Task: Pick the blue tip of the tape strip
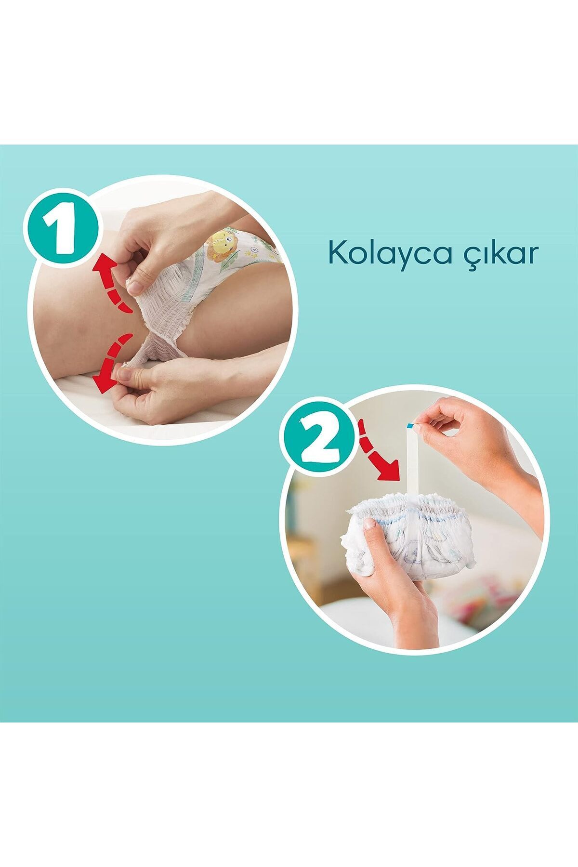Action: click(x=410, y=425)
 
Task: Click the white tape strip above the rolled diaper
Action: click(x=412, y=462)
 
